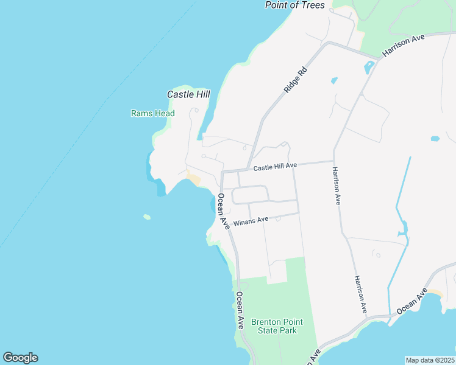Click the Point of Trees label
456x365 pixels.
[294, 5]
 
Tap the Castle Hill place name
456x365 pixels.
[188, 94]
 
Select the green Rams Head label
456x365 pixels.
[153, 113]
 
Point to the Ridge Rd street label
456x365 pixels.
[295, 80]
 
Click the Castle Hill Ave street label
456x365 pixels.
[275, 166]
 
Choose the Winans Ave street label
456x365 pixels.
[250, 220]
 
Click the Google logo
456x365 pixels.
[20, 358]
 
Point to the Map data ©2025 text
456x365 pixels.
[430, 360]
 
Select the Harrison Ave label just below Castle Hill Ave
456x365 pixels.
[336, 186]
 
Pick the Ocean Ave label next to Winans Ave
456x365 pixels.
[222, 210]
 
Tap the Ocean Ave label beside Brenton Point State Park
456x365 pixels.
[240, 310]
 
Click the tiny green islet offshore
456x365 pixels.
[147, 217]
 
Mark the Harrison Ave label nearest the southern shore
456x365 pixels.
[361, 294]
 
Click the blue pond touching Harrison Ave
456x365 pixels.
[369, 68]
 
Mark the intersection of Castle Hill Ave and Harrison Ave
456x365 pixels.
[333, 162]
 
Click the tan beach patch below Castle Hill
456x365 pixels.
[194, 179]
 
